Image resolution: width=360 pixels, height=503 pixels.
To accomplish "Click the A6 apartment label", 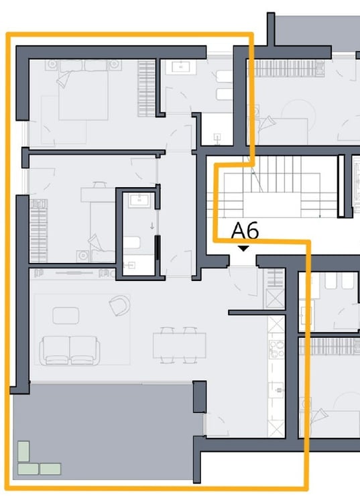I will coord(245,231).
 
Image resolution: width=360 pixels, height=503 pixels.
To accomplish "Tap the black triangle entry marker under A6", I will coord(244,248).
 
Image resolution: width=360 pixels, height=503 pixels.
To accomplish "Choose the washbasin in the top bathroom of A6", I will coord(181,66).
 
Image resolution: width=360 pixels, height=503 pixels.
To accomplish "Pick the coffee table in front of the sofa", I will coord(66,315).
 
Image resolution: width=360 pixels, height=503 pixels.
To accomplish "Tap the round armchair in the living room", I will coord(119,305).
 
